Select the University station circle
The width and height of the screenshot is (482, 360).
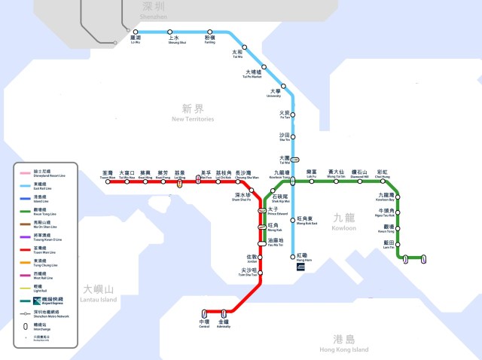283,87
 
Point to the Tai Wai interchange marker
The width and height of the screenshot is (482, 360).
294,159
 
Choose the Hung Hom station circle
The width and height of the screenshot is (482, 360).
292,256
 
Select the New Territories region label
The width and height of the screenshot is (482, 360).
194,114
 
